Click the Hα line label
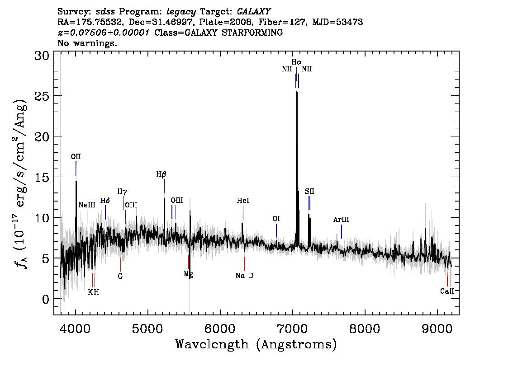pyautogui.click(x=296, y=62)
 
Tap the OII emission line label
pyautogui.click(x=76, y=156)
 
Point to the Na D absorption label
pyautogui.click(x=244, y=276)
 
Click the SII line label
pyautogui.click(x=309, y=191)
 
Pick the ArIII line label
pyautogui.click(x=341, y=220)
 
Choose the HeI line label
pyautogui.click(x=243, y=200)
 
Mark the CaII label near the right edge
pyautogui.click(x=447, y=291)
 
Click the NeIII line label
pyautogui.click(x=87, y=205)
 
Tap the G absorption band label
pyautogui.click(x=120, y=276)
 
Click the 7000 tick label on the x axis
pyautogui.click(x=292, y=328)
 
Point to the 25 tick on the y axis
pyautogui.click(x=42, y=96)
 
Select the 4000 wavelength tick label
pyautogui.click(x=76, y=328)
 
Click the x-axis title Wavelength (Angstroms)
pyautogui.click(x=256, y=344)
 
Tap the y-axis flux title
pyautogui.click(x=20, y=183)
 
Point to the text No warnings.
pyautogui.click(x=87, y=43)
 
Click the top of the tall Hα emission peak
pyautogui.click(x=297, y=92)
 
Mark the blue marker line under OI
pyautogui.click(x=276, y=230)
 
